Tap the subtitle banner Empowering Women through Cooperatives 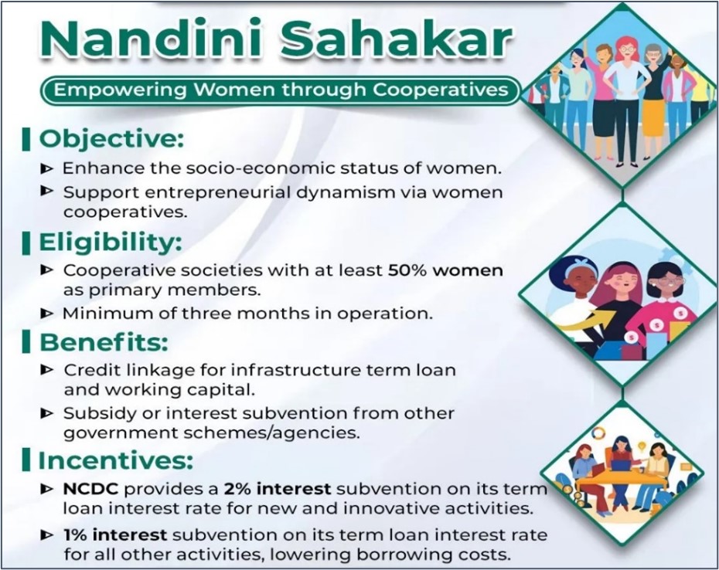pos(281,90)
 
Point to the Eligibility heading pos(110,243)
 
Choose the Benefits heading pos(104,343)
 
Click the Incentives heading pos(115,460)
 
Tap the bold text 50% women pos(445,270)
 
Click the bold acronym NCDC pos(90,489)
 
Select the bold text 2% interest pos(278,489)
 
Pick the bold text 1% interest pos(115,534)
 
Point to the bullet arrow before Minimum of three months pos(46,314)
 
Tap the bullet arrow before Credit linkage pos(46,369)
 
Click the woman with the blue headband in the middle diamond pos(574,294)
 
